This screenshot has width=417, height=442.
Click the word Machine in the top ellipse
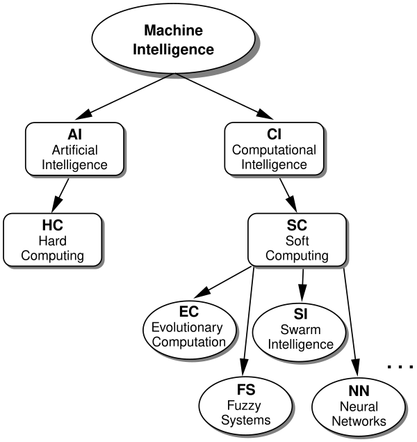(173, 31)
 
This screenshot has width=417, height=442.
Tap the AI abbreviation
(74, 134)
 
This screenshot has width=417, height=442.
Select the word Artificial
(74, 150)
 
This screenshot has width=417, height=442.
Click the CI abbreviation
(274, 134)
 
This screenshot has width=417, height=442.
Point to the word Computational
(274, 150)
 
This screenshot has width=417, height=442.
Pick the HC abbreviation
(52, 226)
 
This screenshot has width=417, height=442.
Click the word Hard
(52, 241)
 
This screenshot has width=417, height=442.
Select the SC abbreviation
(297, 226)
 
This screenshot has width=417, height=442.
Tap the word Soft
(297, 241)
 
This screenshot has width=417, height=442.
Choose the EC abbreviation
(188, 312)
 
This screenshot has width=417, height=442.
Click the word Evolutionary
(188, 327)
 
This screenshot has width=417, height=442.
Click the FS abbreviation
(245, 390)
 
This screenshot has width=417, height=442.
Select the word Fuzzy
(245, 406)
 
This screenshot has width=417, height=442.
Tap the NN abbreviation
(359, 391)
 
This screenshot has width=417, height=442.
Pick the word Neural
(359, 407)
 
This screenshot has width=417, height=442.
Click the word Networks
(359, 421)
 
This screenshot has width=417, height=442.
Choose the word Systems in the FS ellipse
(245, 420)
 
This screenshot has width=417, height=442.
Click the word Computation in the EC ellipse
(188, 342)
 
